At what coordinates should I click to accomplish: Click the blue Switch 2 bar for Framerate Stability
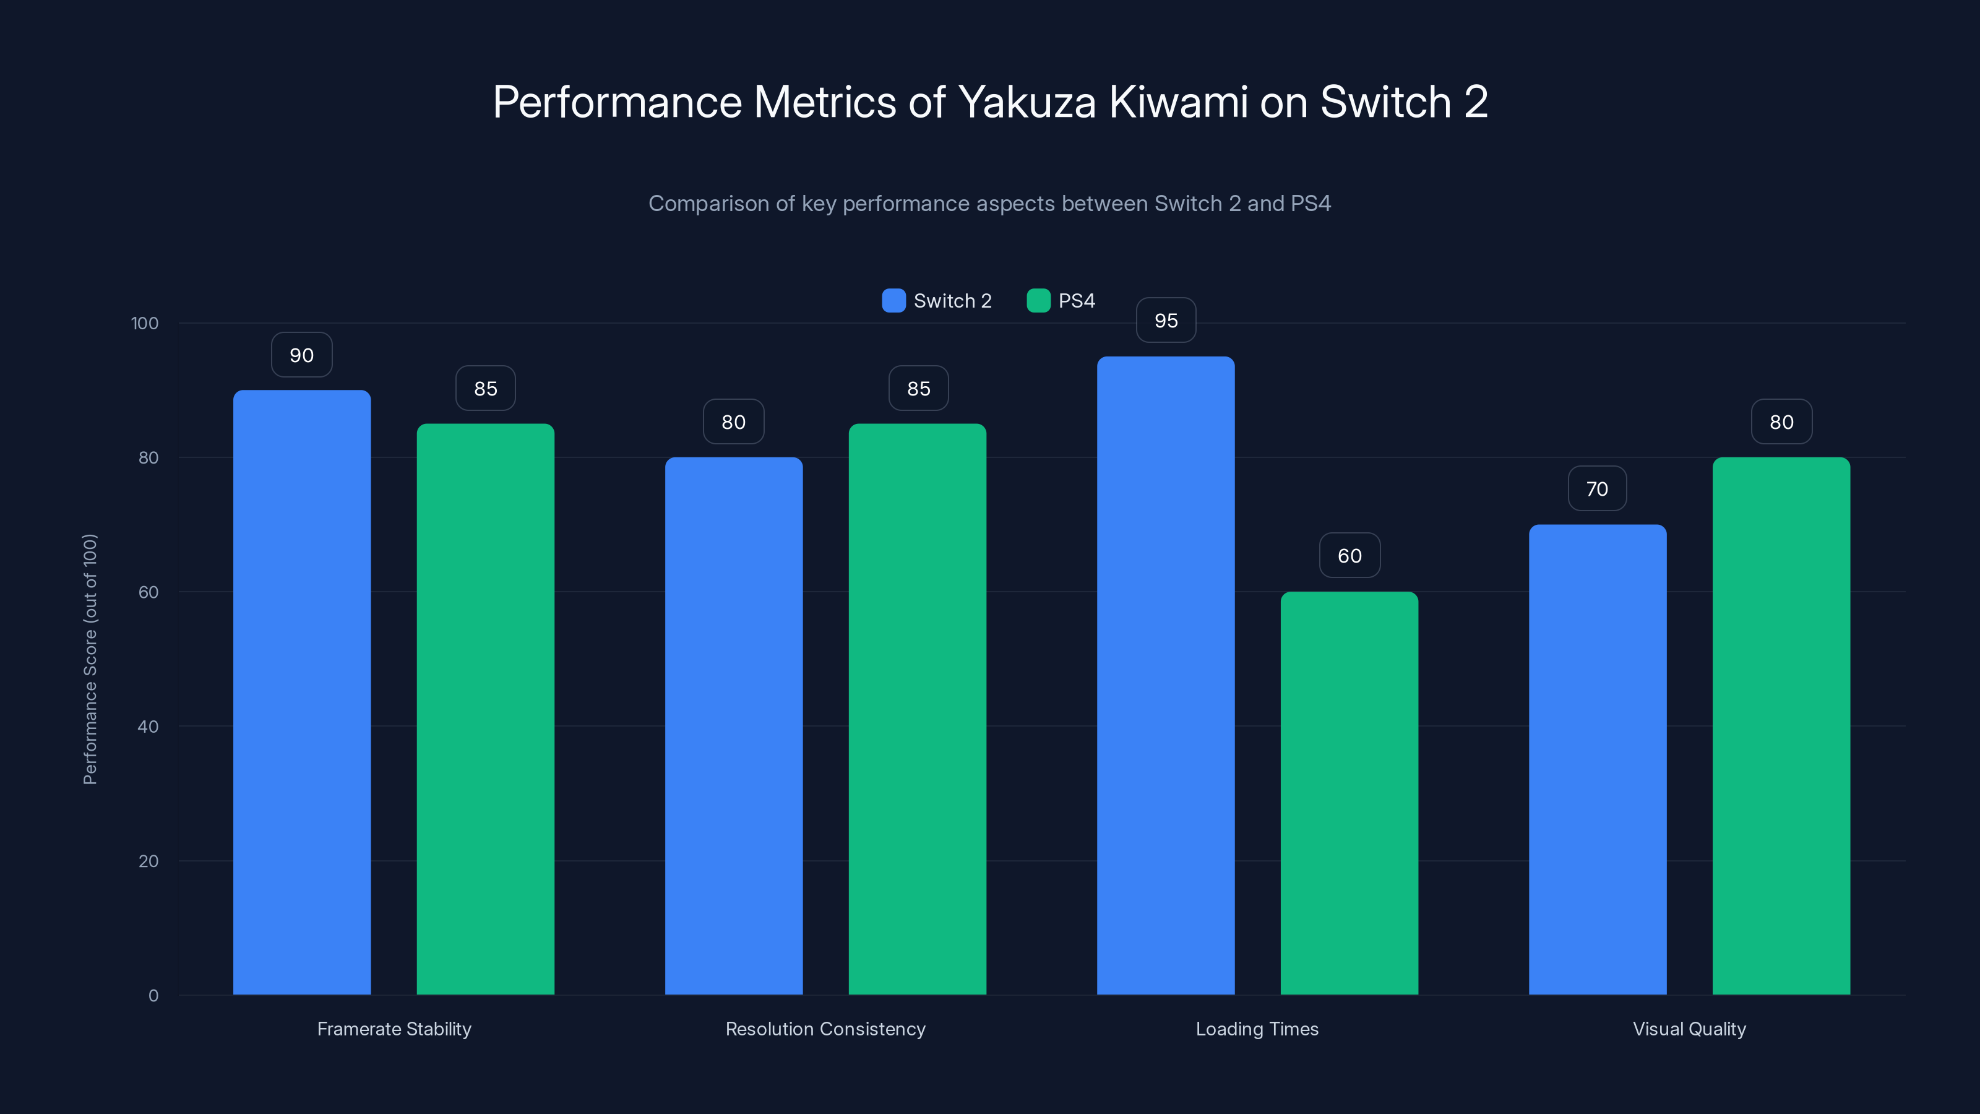(301, 692)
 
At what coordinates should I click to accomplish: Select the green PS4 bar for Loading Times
(1349, 792)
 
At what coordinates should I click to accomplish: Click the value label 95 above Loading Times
(1166, 321)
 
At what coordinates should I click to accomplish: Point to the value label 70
(1597, 489)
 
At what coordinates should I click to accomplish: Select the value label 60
(1349, 556)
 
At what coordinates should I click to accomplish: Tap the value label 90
(301, 355)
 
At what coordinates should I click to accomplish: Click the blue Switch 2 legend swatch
(893, 301)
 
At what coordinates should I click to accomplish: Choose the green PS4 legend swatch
(1038, 301)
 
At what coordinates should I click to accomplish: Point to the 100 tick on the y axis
(145, 324)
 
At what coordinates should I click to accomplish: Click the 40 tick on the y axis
(148, 727)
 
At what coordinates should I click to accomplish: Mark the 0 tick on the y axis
(153, 996)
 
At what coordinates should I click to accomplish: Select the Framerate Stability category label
(394, 1029)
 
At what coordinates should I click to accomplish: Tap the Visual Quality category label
(1689, 1029)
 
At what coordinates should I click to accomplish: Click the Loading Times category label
(1257, 1029)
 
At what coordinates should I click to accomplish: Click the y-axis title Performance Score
(90, 659)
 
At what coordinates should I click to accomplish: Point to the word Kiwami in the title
(1178, 102)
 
